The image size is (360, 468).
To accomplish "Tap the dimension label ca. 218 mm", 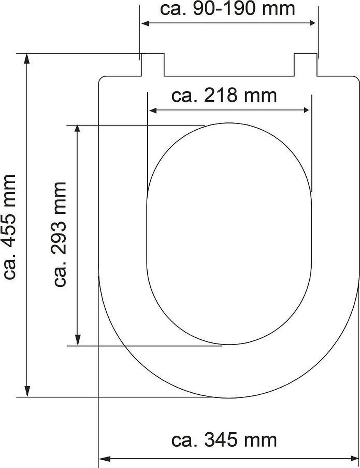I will coord(224,96).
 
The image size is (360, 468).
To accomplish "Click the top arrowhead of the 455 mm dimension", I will coord(27,58).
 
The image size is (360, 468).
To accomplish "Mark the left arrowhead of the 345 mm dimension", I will coord(104,459).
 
